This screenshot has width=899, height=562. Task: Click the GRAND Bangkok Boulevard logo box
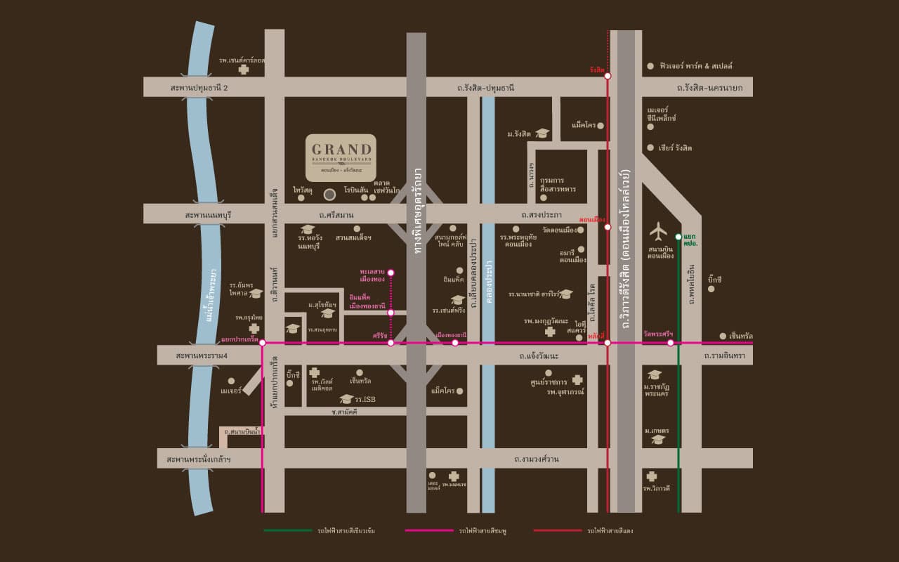(341, 157)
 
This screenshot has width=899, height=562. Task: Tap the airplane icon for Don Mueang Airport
(658, 230)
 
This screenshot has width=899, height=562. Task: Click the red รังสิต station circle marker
(608, 76)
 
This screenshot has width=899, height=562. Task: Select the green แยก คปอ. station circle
(678, 237)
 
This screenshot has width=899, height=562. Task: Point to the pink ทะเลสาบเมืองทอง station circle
(391, 273)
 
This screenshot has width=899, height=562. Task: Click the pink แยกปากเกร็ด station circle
(262, 343)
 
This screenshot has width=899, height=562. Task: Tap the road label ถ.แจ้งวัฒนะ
(539, 356)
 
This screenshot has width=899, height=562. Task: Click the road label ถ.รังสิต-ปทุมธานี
(485, 87)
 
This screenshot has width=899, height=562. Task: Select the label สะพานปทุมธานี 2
(199, 87)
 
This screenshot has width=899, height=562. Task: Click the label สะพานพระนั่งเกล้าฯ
(199, 459)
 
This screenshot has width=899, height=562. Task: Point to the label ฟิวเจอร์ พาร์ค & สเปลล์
(695, 65)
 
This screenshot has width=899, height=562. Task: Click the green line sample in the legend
(288, 530)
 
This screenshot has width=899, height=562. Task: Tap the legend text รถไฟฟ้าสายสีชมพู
(483, 531)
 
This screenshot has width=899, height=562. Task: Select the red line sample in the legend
(558, 530)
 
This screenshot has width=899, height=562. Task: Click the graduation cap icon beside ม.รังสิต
(542, 133)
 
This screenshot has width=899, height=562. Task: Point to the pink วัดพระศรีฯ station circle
(671, 343)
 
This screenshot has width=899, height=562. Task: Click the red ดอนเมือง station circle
(608, 226)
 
